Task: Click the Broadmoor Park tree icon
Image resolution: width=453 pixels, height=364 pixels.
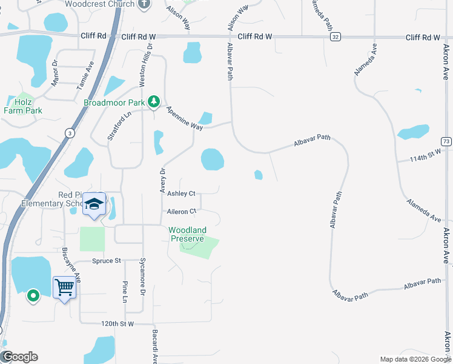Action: coord(154,102)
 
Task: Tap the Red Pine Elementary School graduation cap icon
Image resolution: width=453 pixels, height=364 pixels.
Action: coord(94,204)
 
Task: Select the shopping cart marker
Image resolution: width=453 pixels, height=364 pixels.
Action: coord(64,286)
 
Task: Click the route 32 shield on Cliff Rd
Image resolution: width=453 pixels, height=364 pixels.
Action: coord(335,37)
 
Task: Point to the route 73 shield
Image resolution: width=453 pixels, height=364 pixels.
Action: coord(446,141)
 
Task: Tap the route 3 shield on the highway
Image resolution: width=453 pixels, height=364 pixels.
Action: coord(70,133)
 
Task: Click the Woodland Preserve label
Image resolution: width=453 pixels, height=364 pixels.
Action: coord(187,234)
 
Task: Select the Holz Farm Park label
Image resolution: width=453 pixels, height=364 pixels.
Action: coord(23,106)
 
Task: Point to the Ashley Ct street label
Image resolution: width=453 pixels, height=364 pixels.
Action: coord(181,194)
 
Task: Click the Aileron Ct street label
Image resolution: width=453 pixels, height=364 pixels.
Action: coord(182,212)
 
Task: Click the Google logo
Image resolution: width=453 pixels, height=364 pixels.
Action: coord(19,357)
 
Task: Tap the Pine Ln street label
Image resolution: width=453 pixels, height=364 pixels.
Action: coord(125,292)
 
